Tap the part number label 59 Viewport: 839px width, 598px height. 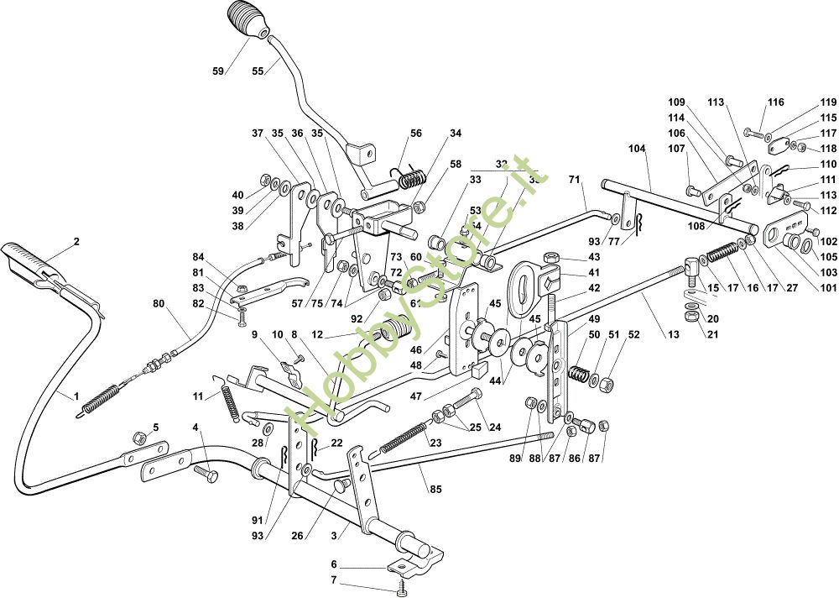click(218, 71)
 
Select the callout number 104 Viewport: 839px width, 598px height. click(637, 148)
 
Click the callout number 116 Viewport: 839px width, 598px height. click(775, 102)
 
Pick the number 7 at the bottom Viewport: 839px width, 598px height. click(333, 580)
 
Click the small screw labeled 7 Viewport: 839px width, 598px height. click(404, 585)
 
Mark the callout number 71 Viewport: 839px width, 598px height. click(575, 180)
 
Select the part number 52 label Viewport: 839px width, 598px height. click(633, 334)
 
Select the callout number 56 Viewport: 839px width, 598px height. click(416, 134)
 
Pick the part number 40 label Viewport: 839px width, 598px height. click(238, 195)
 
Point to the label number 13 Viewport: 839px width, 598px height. click(673, 334)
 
